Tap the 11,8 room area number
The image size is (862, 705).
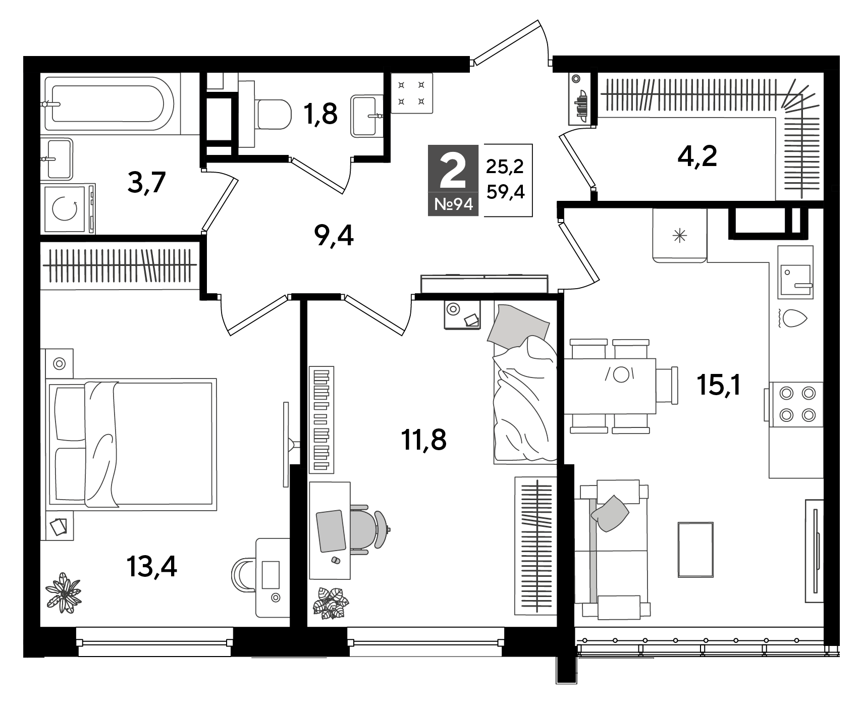(x=424, y=440)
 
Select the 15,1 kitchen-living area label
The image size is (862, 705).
(x=719, y=386)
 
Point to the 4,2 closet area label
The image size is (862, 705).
(x=697, y=156)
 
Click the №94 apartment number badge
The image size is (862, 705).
(x=453, y=204)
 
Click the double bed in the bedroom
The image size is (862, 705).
(x=131, y=443)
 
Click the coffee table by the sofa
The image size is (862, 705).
(x=695, y=549)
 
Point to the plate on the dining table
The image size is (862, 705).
(x=621, y=374)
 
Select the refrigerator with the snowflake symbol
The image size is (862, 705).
(x=679, y=235)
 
